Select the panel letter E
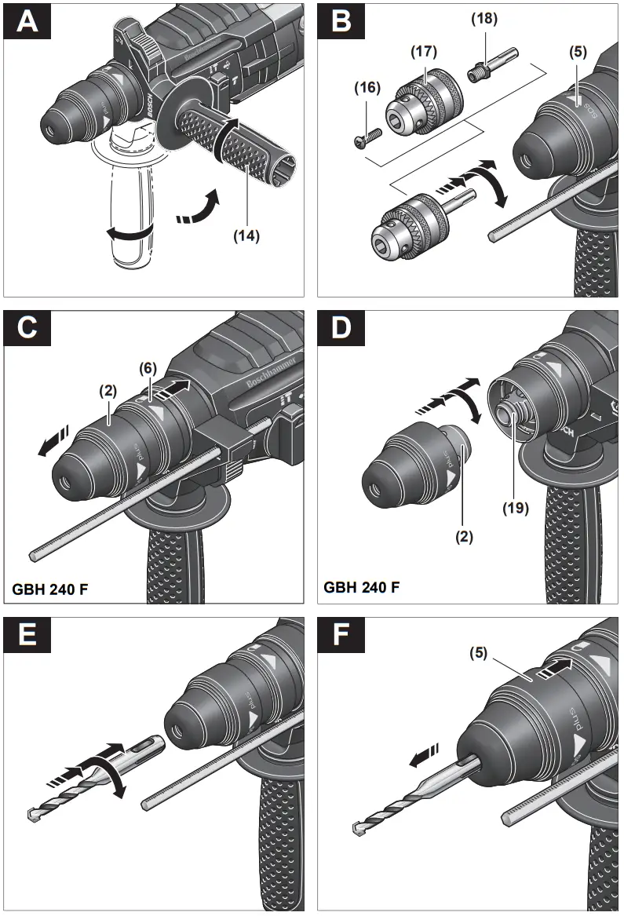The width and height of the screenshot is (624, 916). tap(27, 634)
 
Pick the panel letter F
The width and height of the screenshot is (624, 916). tap(341, 634)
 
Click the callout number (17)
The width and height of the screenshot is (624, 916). tap(424, 52)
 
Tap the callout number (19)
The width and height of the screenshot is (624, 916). tap(516, 507)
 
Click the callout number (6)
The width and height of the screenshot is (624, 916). tap(150, 367)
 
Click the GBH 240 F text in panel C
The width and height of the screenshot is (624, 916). tap(50, 588)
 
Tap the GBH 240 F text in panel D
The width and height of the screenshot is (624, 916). tap(362, 586)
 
